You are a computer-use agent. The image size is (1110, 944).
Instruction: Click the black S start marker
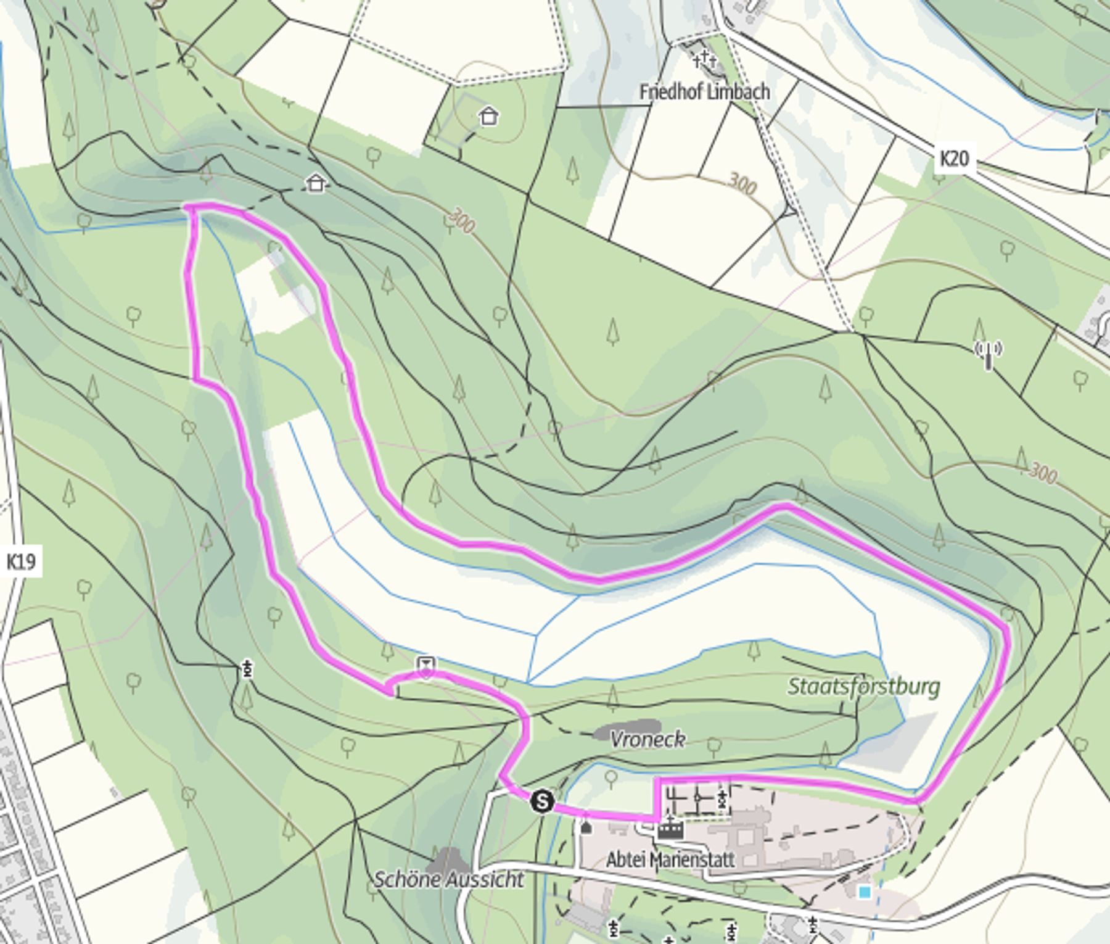[x=542, y=801]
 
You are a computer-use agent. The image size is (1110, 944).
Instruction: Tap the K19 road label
[x=21, y=562]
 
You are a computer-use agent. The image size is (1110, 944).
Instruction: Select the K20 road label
[x=954, y=159]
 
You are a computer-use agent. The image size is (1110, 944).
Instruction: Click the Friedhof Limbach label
[x=704, y=93]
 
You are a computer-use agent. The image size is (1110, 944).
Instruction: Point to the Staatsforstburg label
[x=863, y=686]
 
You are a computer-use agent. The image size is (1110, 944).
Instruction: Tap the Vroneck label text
[x=647, y=739]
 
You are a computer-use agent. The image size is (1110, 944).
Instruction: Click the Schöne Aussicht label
[x=449, y=879]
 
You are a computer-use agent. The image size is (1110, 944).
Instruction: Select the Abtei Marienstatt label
[x=670, y=859]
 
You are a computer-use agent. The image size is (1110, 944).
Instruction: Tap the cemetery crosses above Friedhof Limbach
[x=704, y=60]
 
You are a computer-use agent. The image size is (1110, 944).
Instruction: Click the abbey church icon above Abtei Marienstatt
[x=670, y=828]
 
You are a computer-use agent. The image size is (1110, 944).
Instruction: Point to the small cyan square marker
[x=865, y=892]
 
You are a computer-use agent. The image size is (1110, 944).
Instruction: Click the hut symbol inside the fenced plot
[x=489, y=115]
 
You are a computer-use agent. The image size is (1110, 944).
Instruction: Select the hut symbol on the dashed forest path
[x=316, y=183]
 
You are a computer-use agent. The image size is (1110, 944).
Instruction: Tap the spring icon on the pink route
[x=426, y=666]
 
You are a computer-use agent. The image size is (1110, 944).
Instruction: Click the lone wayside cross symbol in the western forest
[x=248, y=669]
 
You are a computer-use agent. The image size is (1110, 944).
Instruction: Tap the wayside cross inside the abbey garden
[x=722, y=800]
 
